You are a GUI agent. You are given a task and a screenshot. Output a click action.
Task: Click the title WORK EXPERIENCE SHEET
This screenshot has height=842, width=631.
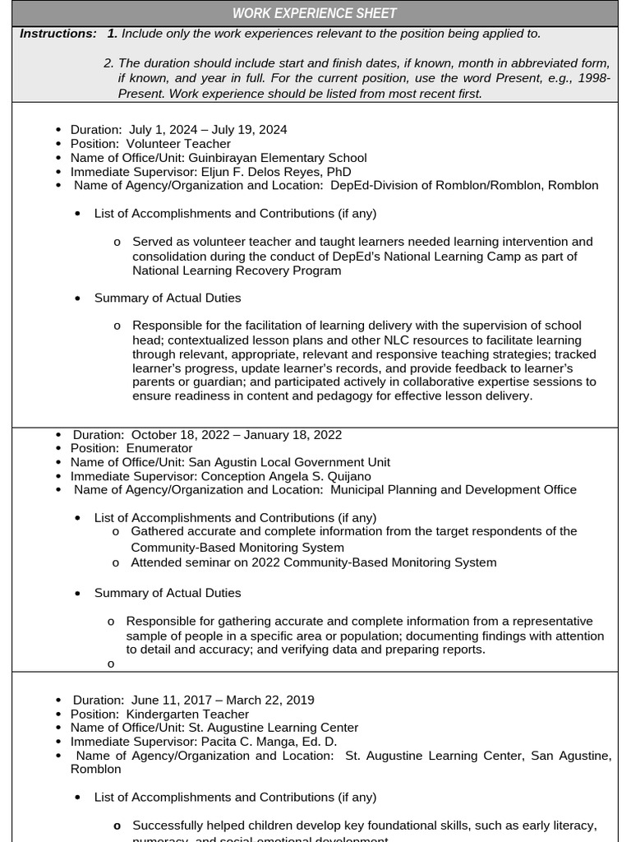pos(315,13)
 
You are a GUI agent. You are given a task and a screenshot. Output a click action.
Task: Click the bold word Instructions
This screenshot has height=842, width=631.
pos(58,34)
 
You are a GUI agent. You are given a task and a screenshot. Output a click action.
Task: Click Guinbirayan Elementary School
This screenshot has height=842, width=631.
pos(277,157)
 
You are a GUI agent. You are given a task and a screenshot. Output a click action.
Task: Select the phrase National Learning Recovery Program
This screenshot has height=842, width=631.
pos(237,270)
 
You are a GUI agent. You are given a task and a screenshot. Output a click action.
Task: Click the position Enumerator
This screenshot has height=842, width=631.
pos(159,448)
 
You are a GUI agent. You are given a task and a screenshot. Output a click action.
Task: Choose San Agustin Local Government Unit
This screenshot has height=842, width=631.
pos(289,462)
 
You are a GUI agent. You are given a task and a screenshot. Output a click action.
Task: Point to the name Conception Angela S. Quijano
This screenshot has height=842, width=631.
pos(286,476)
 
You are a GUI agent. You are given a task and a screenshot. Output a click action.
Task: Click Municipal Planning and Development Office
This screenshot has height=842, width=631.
pos(453,489)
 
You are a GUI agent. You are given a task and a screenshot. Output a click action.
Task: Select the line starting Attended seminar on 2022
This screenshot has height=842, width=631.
pos(313,562)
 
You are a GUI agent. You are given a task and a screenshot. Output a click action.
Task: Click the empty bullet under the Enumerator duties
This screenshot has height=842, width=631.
pos(111,664)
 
